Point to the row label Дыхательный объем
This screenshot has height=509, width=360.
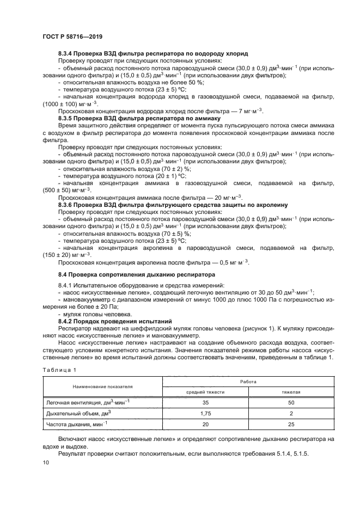(x=80, y=414)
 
